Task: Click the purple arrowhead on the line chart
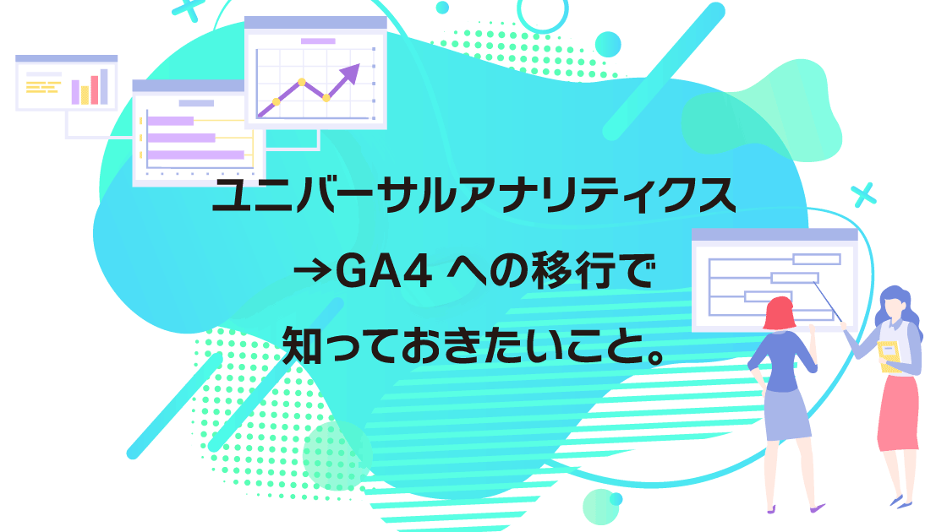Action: coord(351,73)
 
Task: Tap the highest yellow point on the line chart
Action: coord(301,81)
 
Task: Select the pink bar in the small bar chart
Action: coord(94,90)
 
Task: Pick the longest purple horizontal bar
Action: coord(195,155)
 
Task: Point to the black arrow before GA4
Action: coord(312,272)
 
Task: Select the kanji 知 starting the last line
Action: coord(302,345)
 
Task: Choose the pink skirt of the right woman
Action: coord(899,414)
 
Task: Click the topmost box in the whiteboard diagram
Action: coord(816,259)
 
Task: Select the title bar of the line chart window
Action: coord(315,23)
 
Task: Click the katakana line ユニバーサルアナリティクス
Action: coord(474,195)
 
